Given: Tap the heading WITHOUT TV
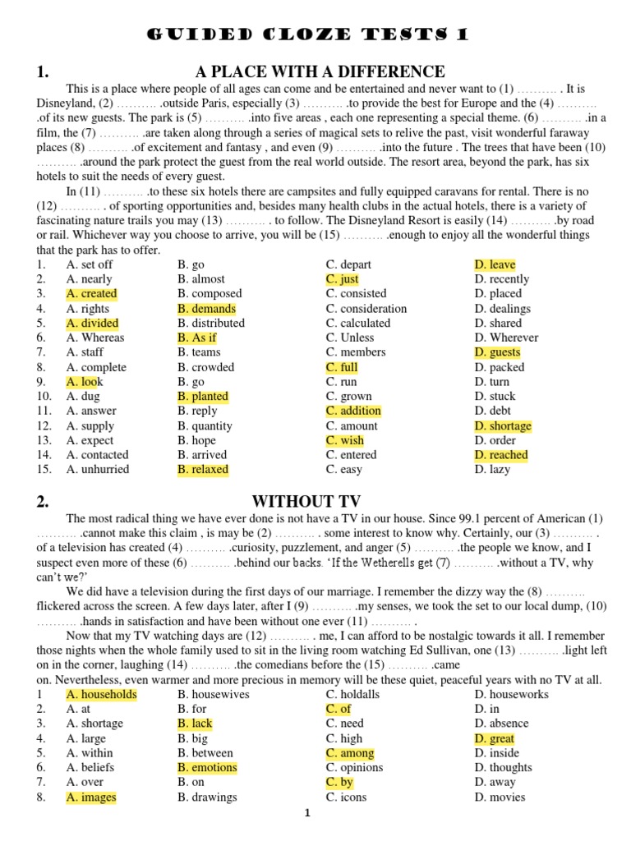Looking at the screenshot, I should (x=306, y=501).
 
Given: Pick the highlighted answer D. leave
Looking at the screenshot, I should (x=495, y=264).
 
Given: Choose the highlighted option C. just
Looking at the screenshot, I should (x=342, y=279).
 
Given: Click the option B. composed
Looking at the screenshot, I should (x=210, y=294).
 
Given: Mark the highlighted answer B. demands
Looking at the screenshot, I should (x=206, y=309).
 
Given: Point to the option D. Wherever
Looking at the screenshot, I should (x=506, y=338).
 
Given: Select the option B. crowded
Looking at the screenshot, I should (x=205, y=367).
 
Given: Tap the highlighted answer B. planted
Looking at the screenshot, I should (x=203, y=397).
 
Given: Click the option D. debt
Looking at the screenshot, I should (x=493, y=411).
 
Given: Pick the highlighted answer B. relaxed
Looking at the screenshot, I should (x=203, y=470).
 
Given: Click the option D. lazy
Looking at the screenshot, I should (x=492, y=470).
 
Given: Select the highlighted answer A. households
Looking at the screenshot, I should (x=101, y=695).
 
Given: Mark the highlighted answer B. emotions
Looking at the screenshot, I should (x=207, y=768).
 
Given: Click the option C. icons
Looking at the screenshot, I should (x=346, y=797).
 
